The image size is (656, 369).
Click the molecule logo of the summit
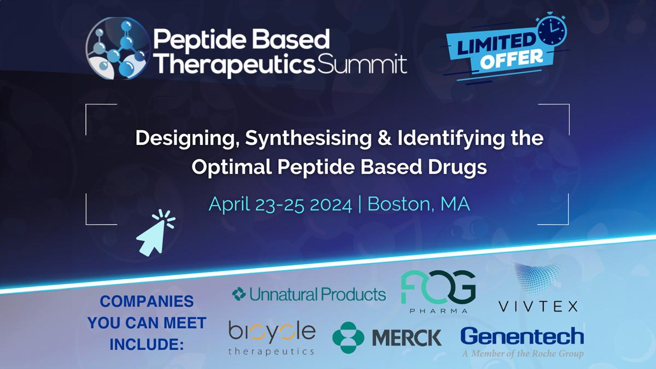coord(118,48)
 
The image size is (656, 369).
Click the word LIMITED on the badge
coord(495,44)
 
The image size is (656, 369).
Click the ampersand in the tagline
coord(384,138)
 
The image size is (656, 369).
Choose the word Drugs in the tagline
coord(458,167)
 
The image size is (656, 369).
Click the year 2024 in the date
coord(331,204)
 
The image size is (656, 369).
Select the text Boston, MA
coord(419,204)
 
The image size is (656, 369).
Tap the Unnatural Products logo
coord(309,294)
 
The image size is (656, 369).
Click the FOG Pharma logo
coord(438,291)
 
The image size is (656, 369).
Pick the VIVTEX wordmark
coord(538,307)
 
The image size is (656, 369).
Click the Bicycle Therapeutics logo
coord(272,338)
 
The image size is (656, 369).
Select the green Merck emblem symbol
coord(348,338)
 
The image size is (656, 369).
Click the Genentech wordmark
coord(522,336)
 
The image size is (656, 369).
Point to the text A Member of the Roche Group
coord(523,354)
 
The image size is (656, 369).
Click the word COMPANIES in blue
coord(147,301)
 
